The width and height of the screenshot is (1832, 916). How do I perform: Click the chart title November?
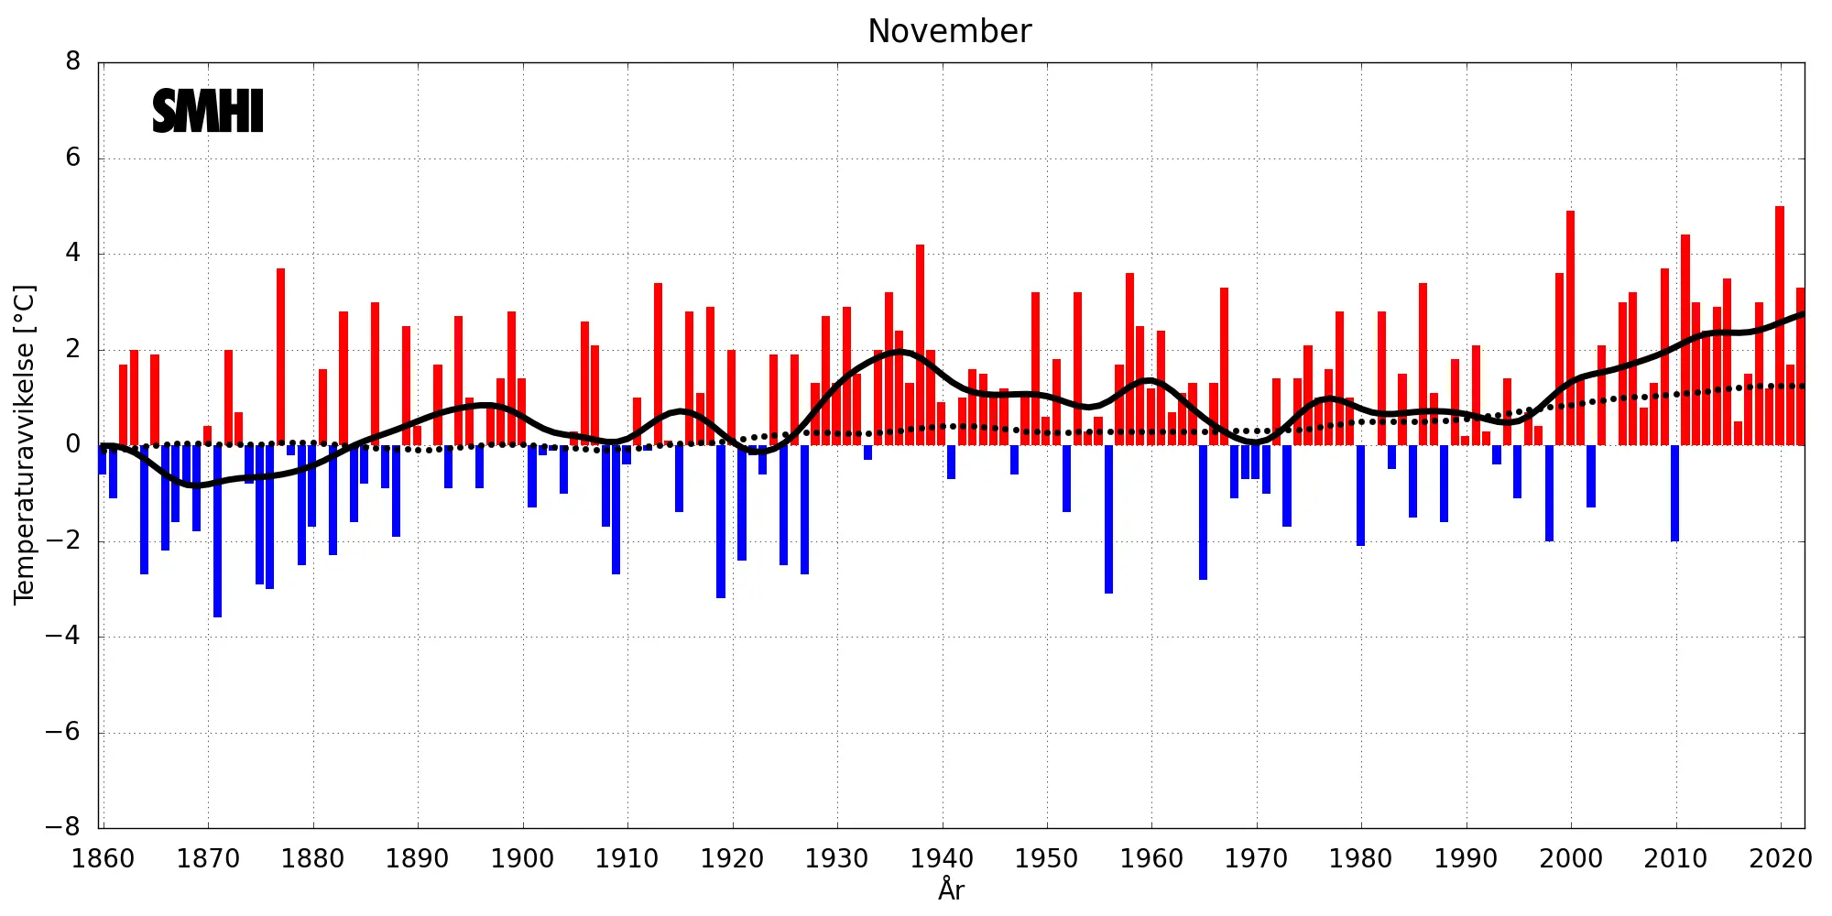949,31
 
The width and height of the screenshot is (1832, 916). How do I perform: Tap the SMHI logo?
208,111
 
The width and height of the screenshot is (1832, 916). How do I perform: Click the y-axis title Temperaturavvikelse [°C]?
24,444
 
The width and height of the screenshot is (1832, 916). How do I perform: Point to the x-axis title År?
951,889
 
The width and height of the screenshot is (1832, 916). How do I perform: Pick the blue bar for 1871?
218,531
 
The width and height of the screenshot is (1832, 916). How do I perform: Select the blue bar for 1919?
721,521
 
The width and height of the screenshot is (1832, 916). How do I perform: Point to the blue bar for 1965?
1203,512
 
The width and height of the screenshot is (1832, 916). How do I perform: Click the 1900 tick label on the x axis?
522,859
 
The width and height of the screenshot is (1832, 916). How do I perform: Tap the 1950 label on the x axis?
1046,859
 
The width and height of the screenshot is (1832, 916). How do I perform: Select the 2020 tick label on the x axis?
1780,859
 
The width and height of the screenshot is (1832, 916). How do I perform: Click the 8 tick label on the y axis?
73,62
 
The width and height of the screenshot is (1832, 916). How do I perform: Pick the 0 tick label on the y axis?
73,445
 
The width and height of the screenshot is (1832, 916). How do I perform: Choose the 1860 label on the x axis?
103,859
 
